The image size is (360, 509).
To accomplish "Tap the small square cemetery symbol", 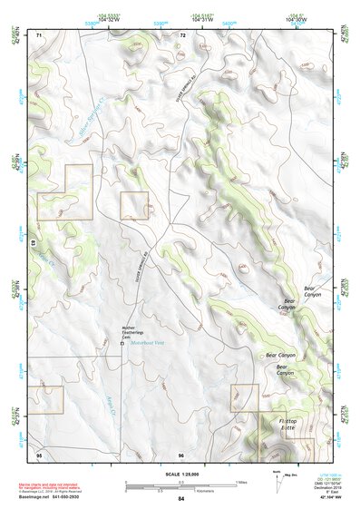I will [122, 344].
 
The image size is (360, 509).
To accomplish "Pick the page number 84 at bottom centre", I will [181, 499].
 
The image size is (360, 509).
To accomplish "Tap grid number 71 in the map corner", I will [39, 34].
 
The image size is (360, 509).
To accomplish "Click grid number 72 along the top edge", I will [182, 34].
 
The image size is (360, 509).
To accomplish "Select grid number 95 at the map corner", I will [39, 454].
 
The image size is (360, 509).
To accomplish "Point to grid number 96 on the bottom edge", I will [181, 454].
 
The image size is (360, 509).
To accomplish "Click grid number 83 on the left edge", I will [33, 244].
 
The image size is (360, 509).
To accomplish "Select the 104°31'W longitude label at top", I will [200, 19].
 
